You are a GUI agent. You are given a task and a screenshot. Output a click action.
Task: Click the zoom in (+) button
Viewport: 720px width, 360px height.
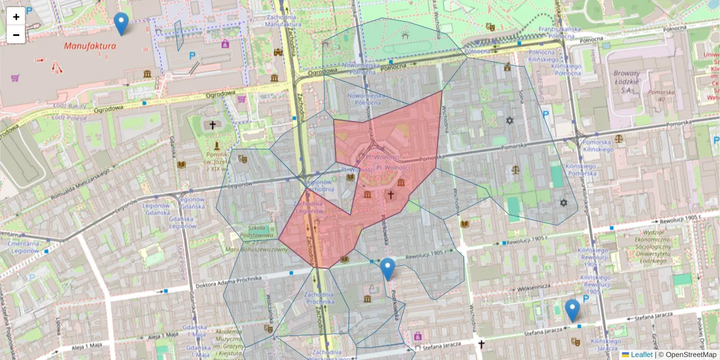point(16,17)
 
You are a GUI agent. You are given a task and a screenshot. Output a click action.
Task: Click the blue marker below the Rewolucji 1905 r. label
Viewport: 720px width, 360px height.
point(388,269)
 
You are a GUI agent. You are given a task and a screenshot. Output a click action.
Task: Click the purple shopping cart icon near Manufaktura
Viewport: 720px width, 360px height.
point(15,78)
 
